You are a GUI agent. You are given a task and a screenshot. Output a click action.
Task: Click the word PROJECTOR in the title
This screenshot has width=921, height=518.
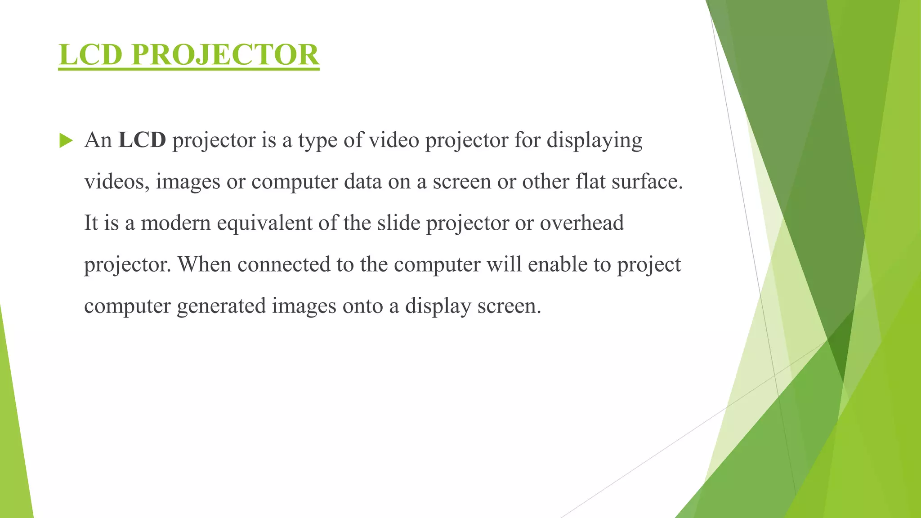[x=225, y=54]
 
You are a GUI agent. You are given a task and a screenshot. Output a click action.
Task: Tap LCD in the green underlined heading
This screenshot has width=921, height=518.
[x=90, y=54]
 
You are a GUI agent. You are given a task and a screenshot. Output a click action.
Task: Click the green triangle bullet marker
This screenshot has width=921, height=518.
[x=66, y=141]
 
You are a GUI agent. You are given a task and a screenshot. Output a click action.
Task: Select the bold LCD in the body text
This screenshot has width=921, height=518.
[x=142, y=140]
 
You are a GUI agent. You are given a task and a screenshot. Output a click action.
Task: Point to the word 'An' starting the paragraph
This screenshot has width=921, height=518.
[x=98, y=140]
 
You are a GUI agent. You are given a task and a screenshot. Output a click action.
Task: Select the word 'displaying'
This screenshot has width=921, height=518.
[x=595, y=141]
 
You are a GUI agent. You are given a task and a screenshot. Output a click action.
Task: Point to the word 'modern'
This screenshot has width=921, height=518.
[x=176, y=223]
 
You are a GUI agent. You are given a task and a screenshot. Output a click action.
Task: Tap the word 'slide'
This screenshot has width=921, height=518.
[x=398, y=223]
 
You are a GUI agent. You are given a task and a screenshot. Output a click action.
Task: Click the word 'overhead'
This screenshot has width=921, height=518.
[x=582, y=223]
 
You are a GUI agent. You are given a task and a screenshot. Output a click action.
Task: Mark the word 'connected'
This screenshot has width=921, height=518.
[x=284, y=264]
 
